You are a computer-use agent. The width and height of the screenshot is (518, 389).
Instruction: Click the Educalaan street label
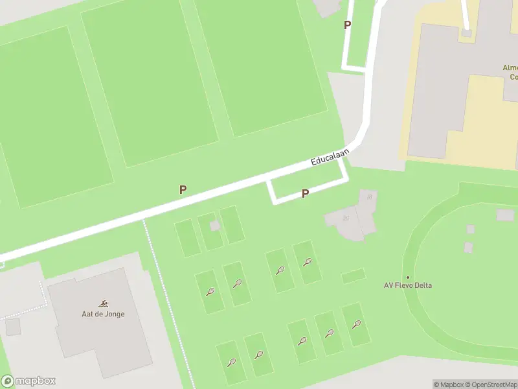tap(330, 158)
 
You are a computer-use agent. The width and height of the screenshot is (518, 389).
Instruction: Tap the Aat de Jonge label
tap(104, 314)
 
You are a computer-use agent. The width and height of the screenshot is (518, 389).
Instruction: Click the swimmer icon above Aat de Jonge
tap(104, 303)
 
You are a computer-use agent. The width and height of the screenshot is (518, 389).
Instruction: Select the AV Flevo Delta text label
tap(408, 285)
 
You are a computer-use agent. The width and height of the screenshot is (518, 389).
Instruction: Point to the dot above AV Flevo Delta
tap(408, 277)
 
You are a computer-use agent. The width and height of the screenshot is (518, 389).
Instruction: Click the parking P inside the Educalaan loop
tap(305, 193)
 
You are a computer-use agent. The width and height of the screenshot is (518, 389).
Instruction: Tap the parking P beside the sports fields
tap(183, 189)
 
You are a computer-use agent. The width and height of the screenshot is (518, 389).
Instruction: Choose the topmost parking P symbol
tap(348, 25)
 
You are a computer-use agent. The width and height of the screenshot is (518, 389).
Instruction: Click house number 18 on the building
tap(369, 196)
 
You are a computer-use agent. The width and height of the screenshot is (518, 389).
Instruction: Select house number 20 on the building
tap(346, 218)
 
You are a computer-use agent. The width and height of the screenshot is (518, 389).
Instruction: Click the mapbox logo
tap(28, 381)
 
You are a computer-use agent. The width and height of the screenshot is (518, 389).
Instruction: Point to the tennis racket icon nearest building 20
tap(308, 263)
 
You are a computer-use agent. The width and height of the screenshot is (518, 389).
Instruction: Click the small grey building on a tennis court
tap(215, 225)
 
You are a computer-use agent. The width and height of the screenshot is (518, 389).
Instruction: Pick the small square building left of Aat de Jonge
tap(13, 327)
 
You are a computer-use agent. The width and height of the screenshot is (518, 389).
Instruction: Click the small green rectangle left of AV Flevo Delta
tap(353, 276)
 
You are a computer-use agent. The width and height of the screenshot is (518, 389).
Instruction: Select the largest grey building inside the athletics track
tap(505, 215)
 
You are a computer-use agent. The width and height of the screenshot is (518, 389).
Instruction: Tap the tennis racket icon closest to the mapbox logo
tap(231, 362)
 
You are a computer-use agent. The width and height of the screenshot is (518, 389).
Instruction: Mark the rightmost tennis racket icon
tap(356, 324)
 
